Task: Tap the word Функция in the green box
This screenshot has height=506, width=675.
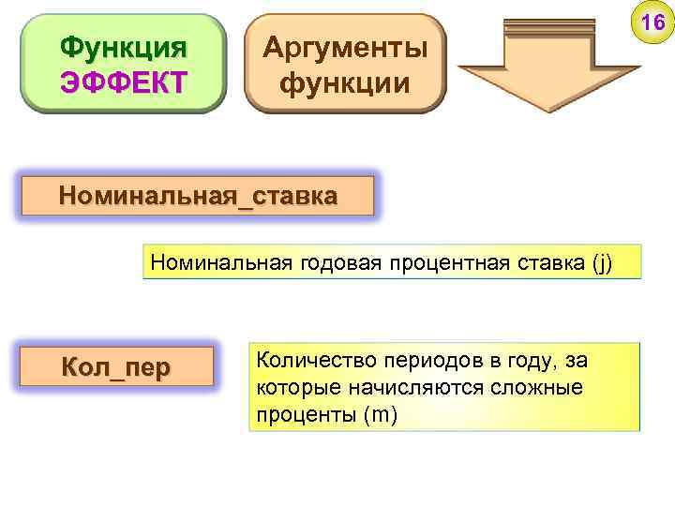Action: (x=123, y=46)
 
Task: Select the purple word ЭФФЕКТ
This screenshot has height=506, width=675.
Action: (x=123, y=82)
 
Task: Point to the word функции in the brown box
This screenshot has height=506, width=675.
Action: (x=345, y=82)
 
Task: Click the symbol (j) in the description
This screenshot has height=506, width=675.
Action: (x=601, y=262)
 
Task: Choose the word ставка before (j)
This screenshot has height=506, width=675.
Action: (x=551, y=262)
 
